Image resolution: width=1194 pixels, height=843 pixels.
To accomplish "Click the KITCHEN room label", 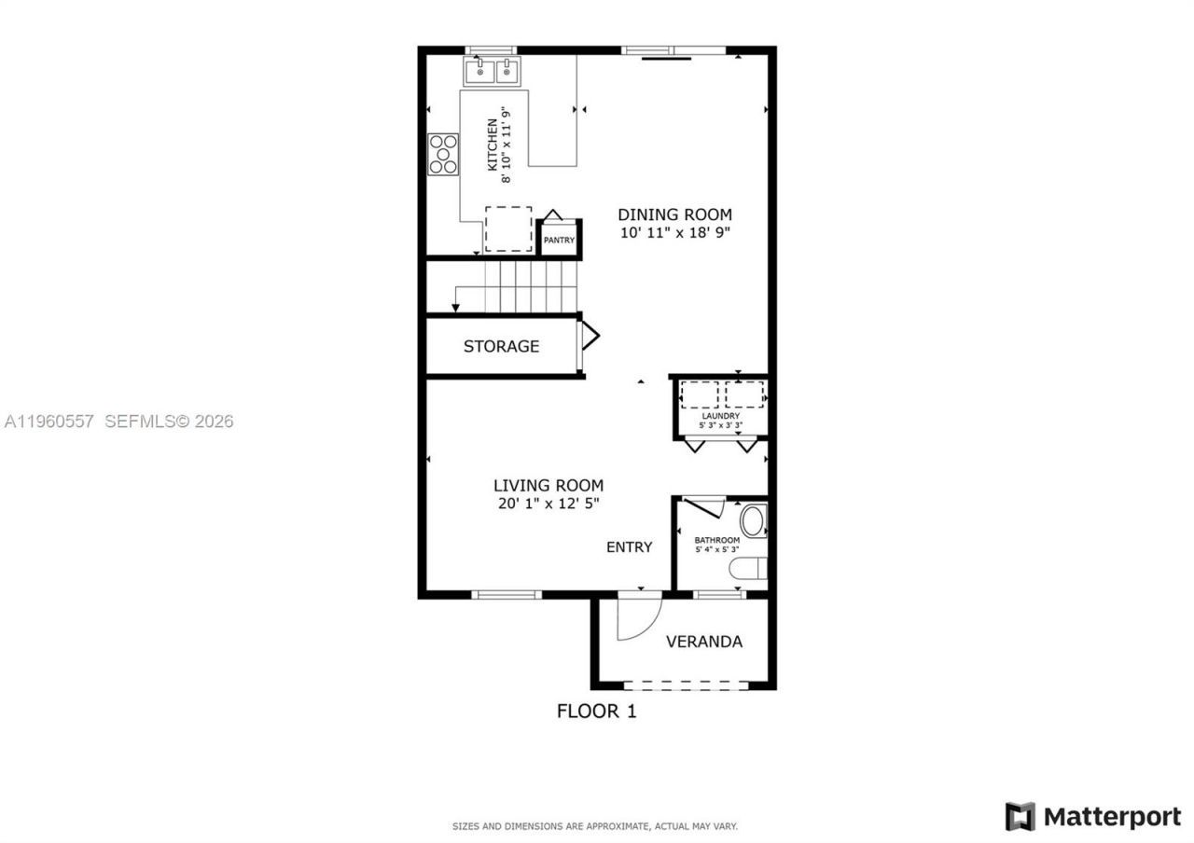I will point(493,144).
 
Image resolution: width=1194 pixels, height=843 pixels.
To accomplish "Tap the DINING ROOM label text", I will point(674,214).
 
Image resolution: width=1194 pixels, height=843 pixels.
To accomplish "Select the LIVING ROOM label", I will point(548,485).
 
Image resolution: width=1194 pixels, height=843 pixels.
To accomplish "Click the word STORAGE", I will point(501,346).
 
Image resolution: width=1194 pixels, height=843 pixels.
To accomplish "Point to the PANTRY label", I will point(560,241).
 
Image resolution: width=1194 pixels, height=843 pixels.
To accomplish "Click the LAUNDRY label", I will point(720,416).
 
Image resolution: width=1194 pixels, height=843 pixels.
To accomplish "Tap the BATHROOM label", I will point(716,540).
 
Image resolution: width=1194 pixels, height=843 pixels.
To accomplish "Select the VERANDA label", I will point(703,642).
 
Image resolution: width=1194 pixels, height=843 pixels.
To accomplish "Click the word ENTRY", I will point(629,547).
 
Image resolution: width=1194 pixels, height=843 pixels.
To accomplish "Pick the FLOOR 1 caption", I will point(596,712).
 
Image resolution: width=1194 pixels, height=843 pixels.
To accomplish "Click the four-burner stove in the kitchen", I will point(443,155).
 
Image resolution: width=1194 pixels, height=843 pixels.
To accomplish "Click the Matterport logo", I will point(1092,817).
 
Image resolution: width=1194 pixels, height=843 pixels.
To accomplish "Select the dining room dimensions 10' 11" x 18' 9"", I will point(674,233).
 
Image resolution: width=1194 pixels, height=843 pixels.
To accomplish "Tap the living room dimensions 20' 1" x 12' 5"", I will point(548,504).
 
